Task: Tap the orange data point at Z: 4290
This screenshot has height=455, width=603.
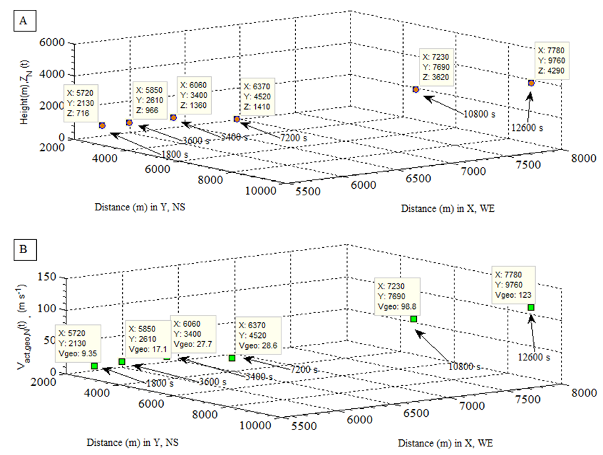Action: (531, 83)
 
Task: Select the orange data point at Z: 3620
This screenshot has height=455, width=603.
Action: (416, 89)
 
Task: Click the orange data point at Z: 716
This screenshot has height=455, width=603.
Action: (102, 125)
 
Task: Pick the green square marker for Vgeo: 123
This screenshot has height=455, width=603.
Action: (531, 307)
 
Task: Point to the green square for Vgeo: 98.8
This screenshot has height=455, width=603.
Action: (414, 319)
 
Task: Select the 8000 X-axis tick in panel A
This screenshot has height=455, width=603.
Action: (582, 158)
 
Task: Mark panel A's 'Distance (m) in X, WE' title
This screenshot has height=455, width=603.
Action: (447, 208)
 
